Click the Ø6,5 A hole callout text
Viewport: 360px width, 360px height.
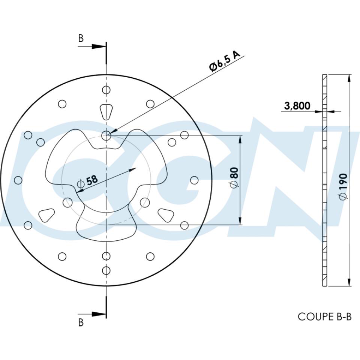(225, 61)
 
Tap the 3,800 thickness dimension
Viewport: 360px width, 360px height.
(297, 106)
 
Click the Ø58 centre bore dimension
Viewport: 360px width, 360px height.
(87, 181)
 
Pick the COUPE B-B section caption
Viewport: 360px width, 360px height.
(325, 316)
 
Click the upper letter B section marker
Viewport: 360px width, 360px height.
(81, 38)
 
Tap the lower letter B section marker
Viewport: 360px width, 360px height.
(81, 322)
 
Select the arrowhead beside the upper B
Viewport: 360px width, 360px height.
(99, 46)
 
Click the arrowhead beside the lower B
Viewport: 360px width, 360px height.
(99, 313)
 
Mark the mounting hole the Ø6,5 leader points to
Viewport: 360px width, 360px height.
(106, 135)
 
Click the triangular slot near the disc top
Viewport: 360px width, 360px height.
(106, 111)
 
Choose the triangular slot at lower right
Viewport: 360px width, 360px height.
(166, 214)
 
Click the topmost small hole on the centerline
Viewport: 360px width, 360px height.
(106, 90)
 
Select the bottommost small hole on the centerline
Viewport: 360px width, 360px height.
(106, 270)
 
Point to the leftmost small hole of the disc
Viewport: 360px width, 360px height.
(18, 180)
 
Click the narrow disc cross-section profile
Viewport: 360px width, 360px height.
(325, 180)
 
